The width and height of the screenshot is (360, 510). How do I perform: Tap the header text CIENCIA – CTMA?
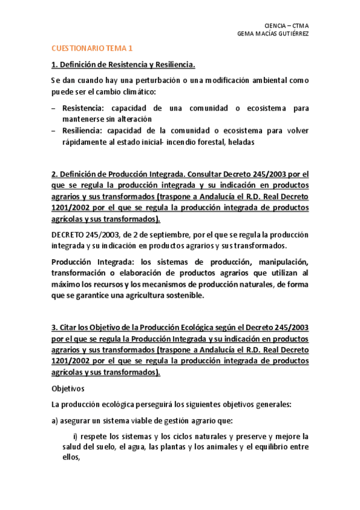(x=286, y=25)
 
